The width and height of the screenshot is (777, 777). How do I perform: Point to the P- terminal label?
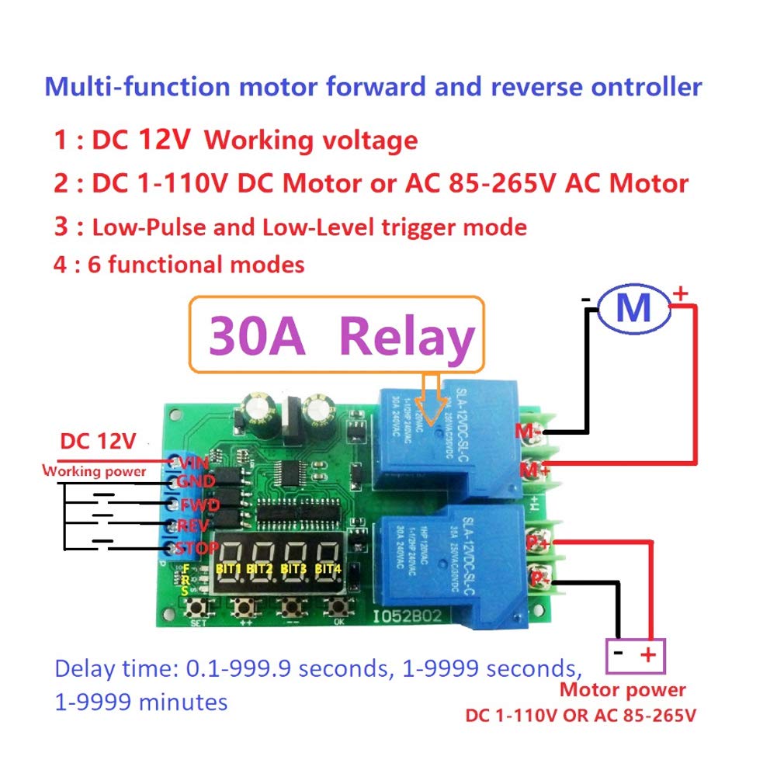point(535,578)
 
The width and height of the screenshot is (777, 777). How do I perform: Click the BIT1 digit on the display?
point(231,567)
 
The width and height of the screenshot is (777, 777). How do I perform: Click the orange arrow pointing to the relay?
point(428,391)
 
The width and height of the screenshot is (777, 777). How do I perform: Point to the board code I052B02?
point(408,619)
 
